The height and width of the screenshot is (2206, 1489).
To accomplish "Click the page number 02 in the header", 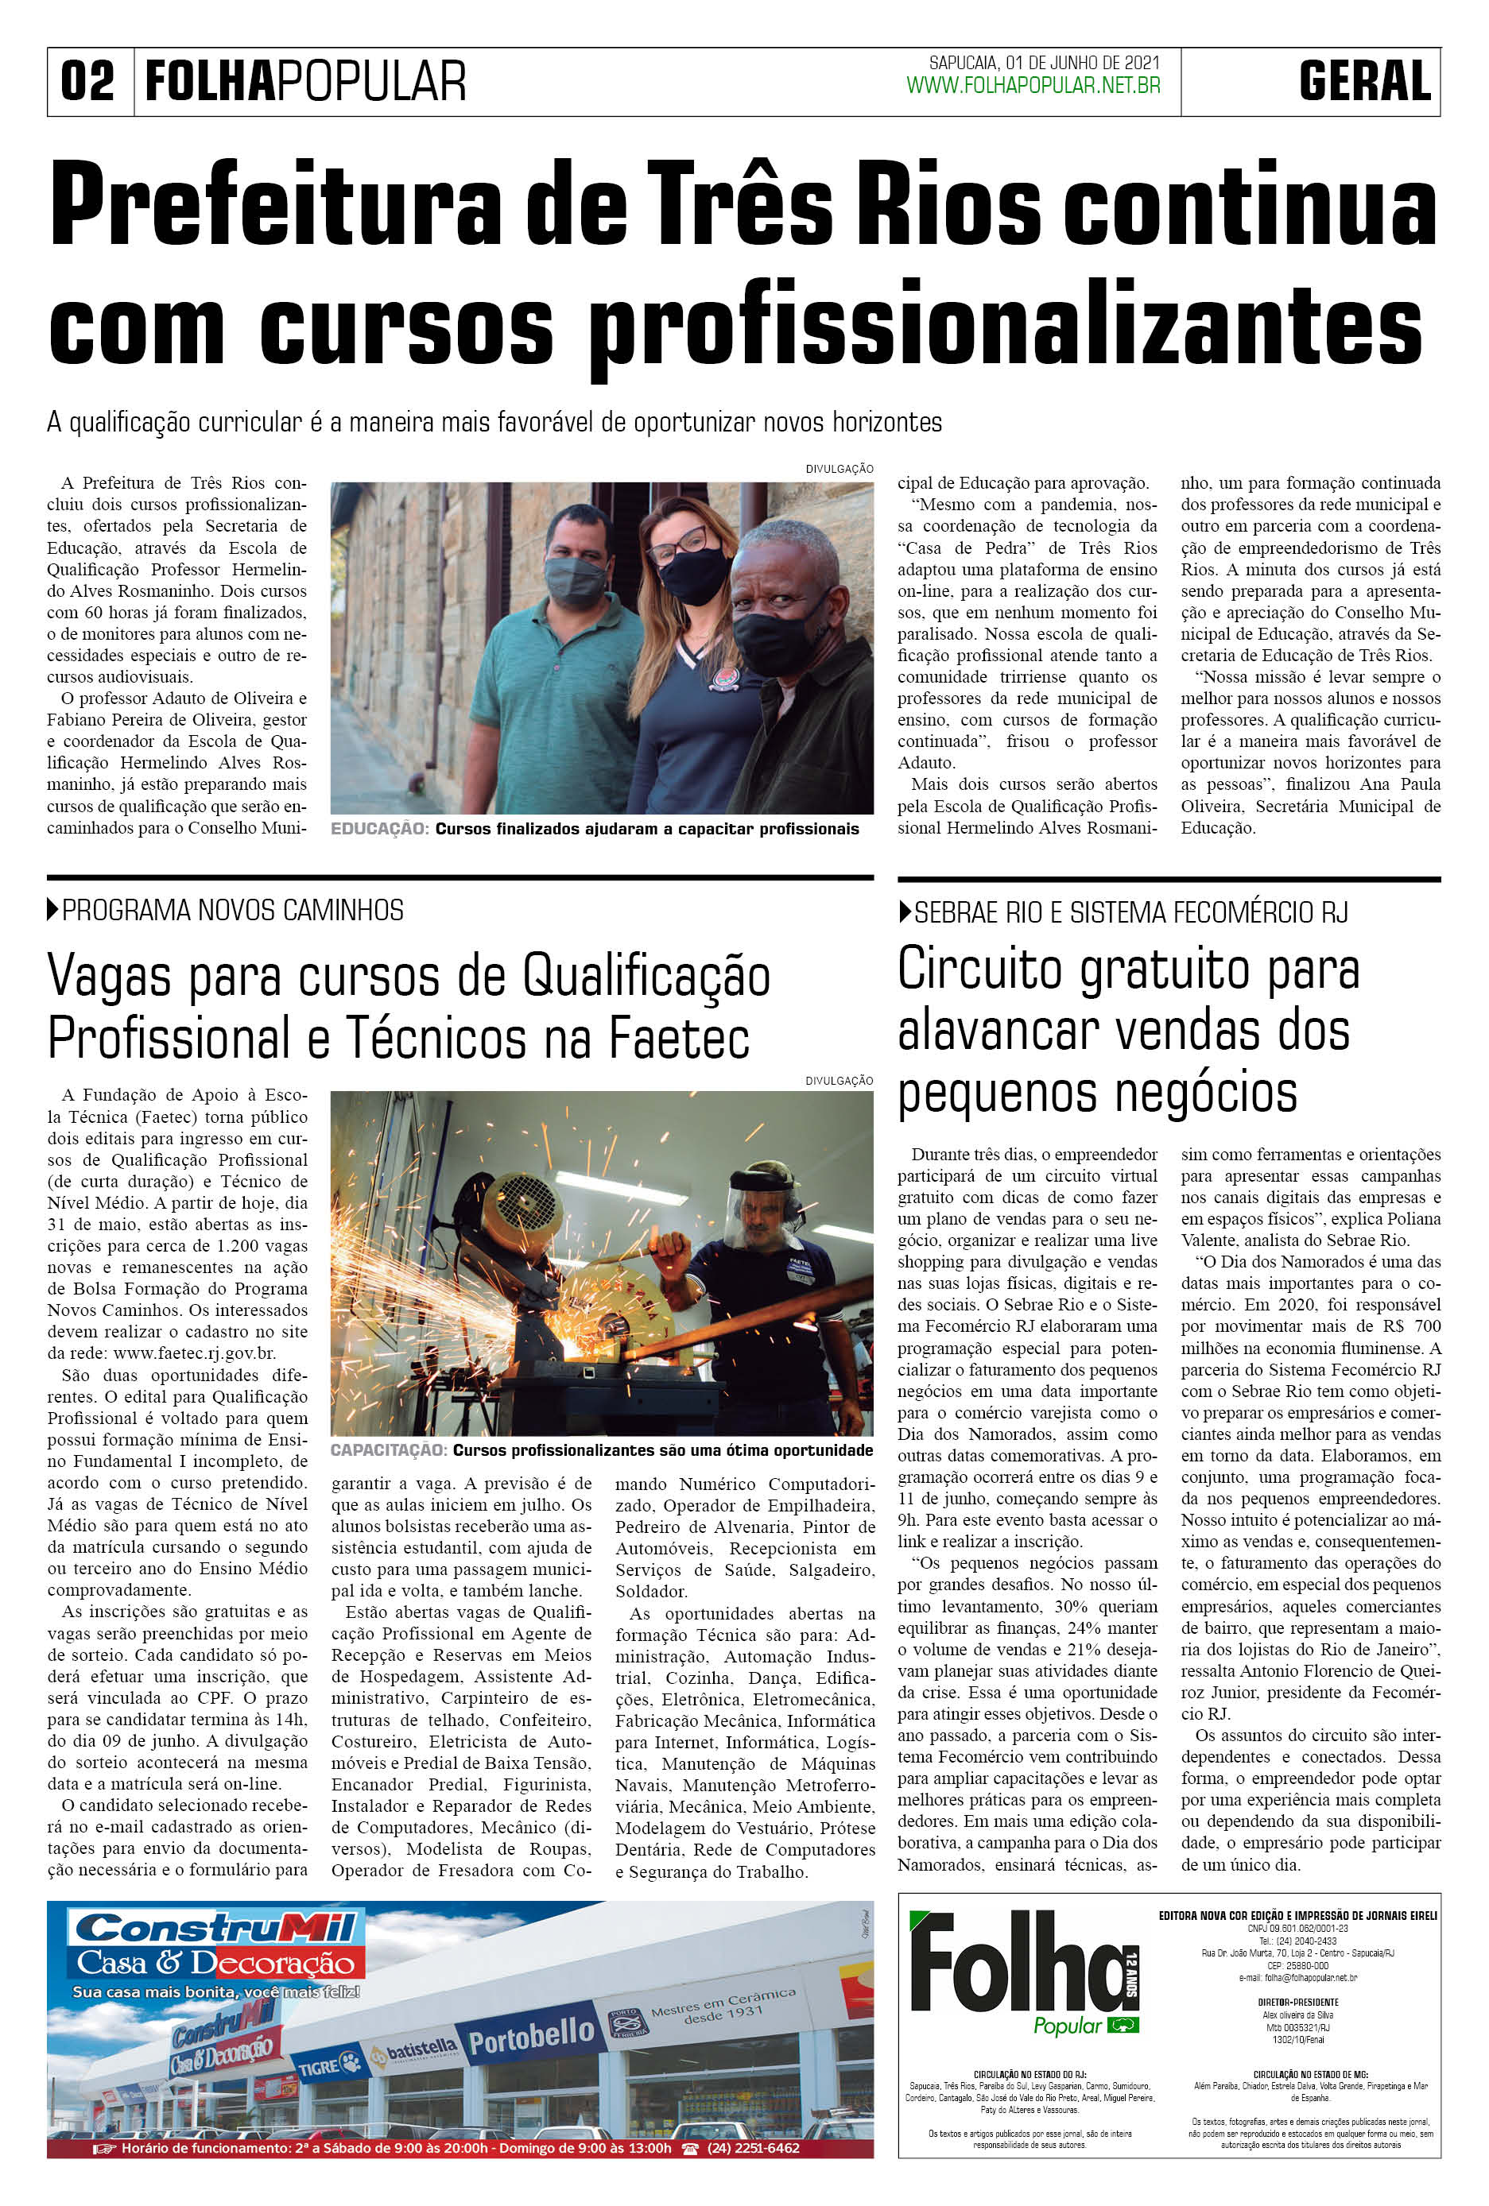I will click(x=87, y=82).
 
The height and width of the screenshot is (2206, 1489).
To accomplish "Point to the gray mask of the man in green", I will click(x=575, y=580).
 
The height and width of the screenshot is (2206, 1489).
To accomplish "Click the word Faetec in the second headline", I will click(x=678, y=1038).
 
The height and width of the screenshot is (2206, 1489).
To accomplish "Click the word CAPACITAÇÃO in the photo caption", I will click(x=387, y=1450).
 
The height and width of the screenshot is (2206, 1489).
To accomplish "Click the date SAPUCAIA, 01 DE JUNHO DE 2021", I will click(x=1044, y=64).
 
